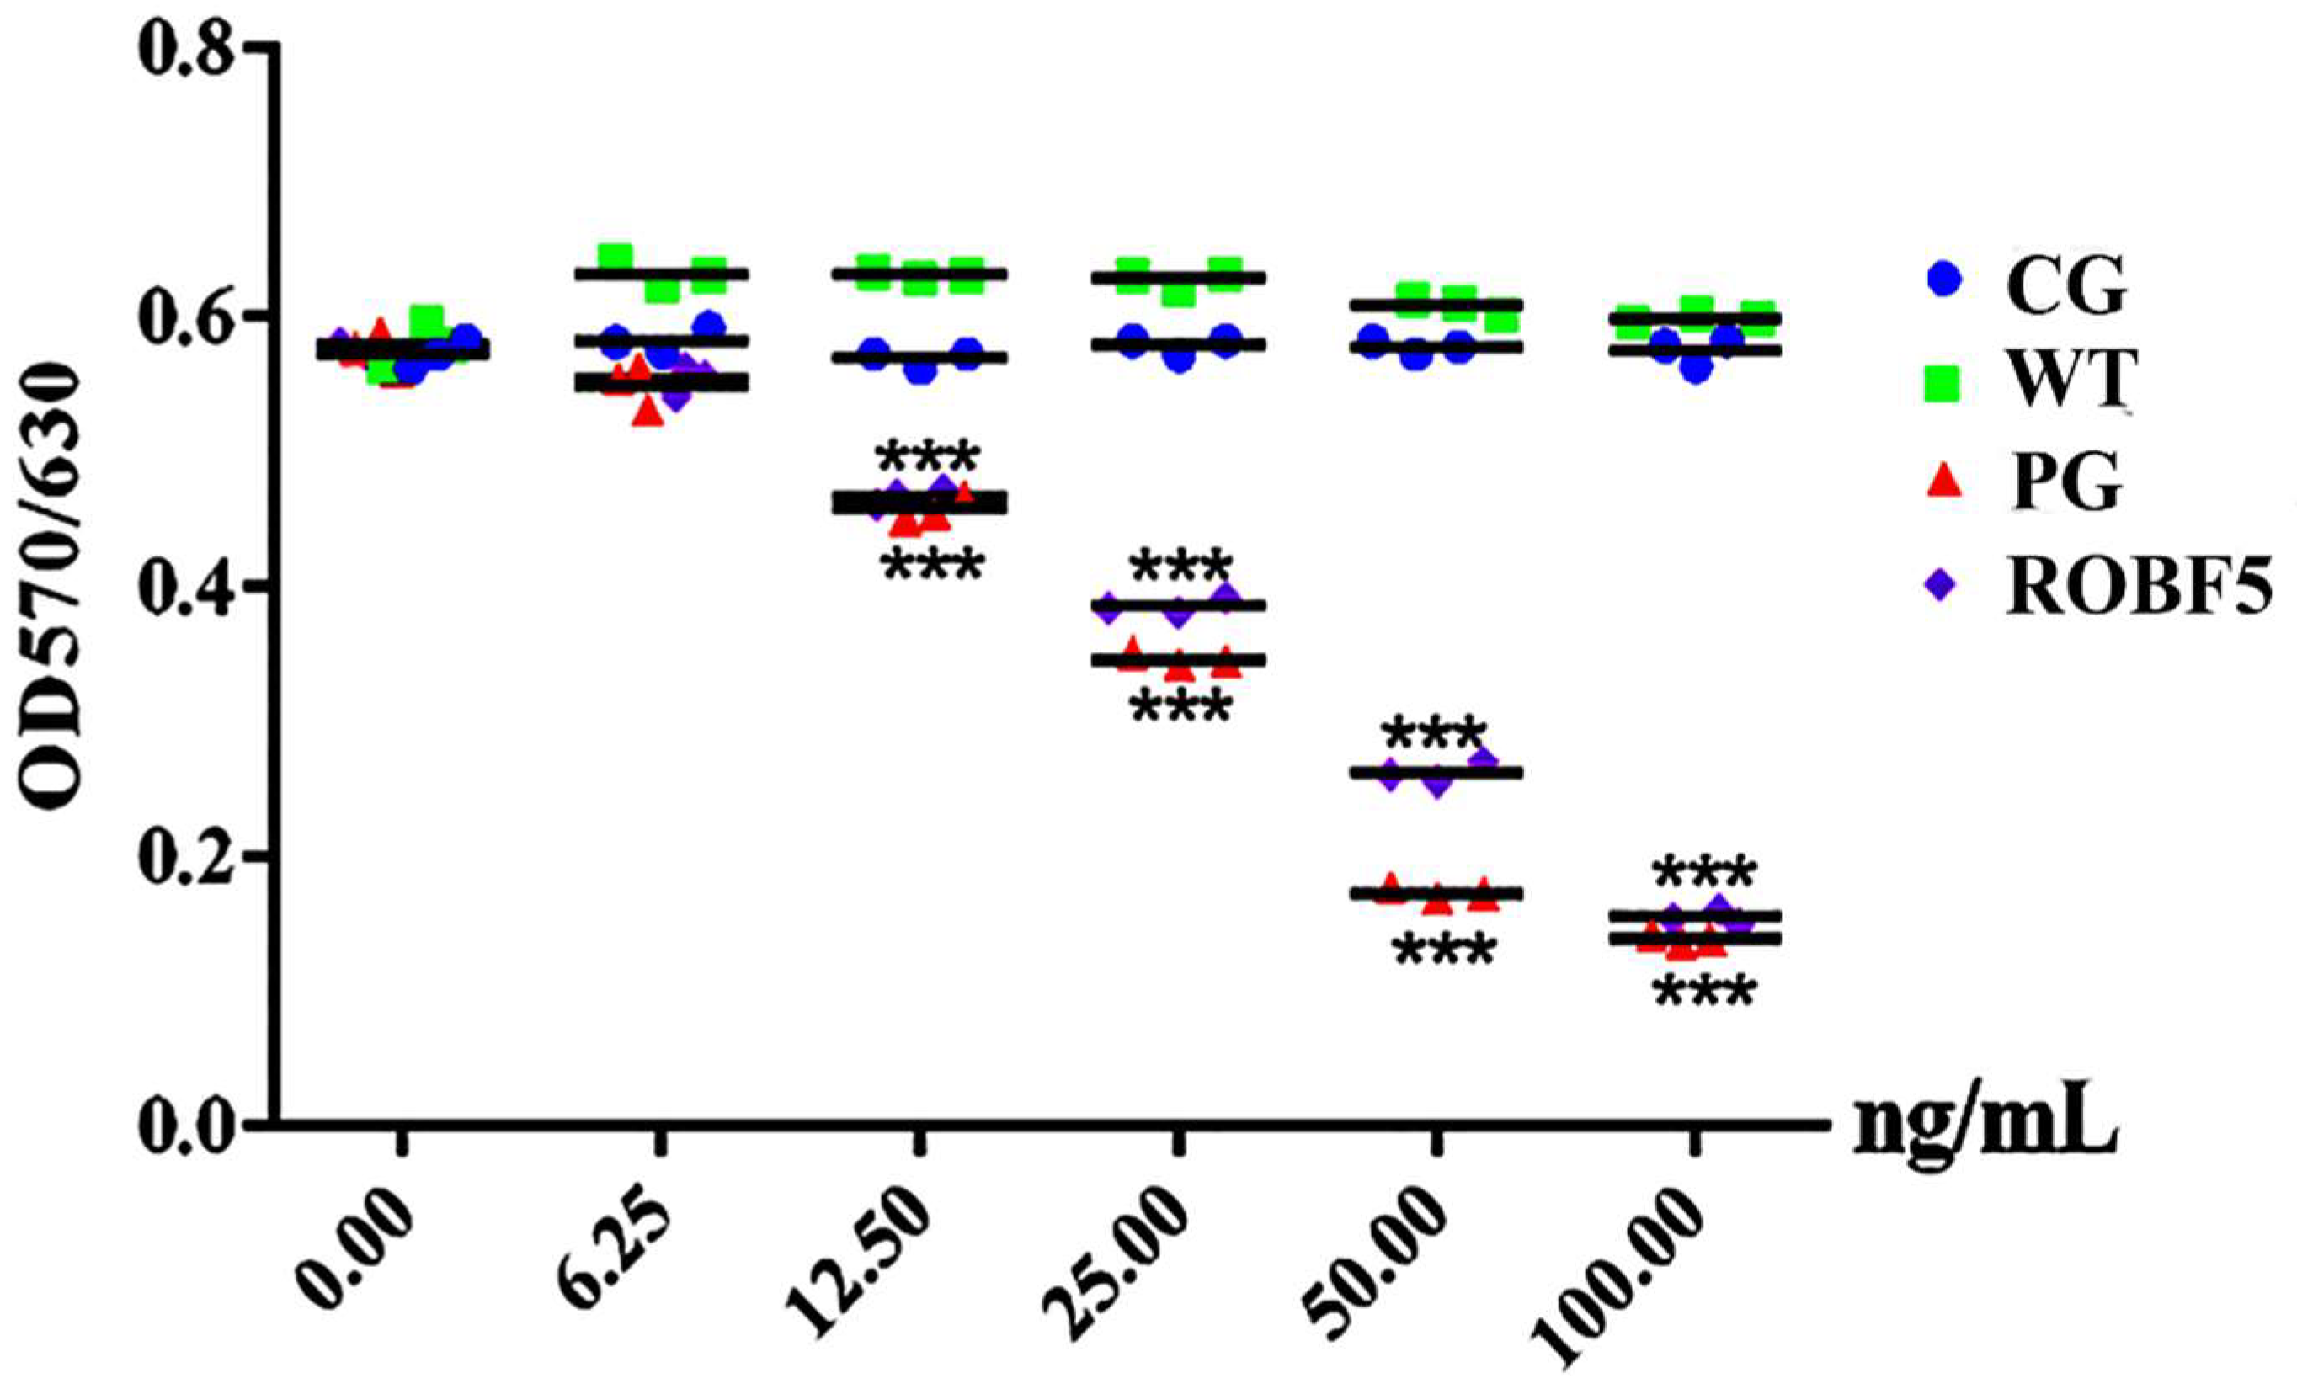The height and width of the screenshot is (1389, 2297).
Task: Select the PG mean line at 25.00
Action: pyautogui.click(x=1180, y=660)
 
